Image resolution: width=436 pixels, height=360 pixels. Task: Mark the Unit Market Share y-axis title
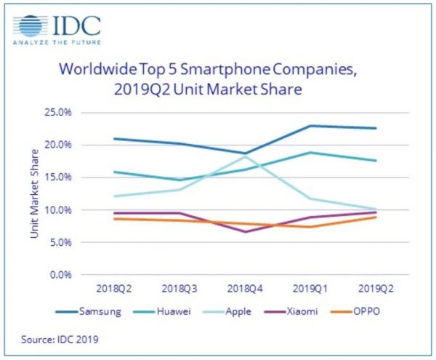tap(35, 193)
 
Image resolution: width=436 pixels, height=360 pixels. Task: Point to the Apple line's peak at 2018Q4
tap(245, 156)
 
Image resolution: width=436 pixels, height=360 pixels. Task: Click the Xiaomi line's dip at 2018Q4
tap(245, 232)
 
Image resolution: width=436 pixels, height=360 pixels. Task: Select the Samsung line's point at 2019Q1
tap(311, 126)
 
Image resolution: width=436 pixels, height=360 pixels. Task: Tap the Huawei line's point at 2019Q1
tap(311, 153)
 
